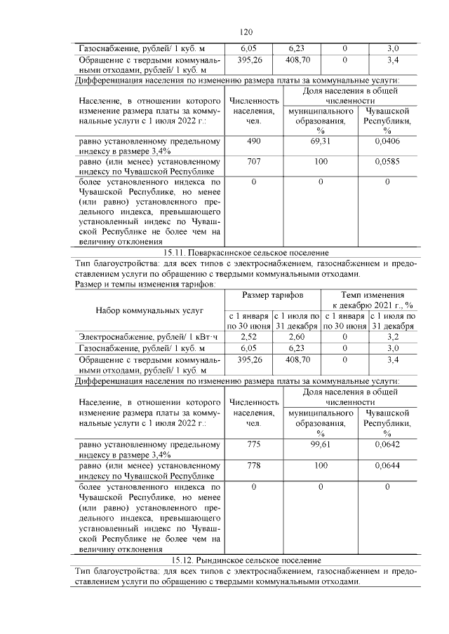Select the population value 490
pyautogui.click(x=253, y=142)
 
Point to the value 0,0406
pyautogui.click(x=387, y=142)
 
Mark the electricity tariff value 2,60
pyautogui.click(x=297, y=337)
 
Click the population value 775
pyautogui.click(x=253, y=444)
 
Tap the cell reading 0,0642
pyautogui.click(x=387, y=444)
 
